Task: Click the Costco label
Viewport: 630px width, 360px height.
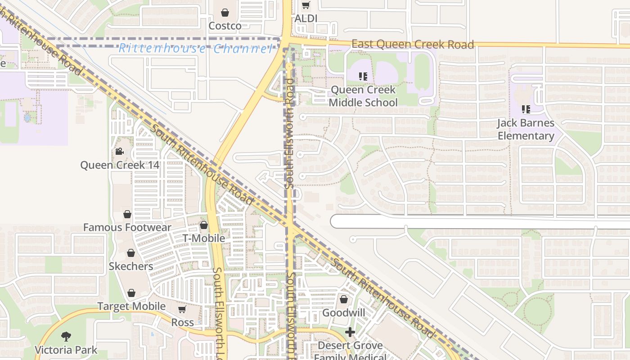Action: point(225,26)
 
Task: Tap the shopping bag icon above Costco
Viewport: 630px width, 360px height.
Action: point(225,12)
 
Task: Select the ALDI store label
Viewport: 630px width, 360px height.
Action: point(306,18)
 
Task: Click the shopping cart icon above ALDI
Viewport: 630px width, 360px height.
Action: point(306,5)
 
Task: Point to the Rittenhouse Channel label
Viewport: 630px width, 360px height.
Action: point(195,49)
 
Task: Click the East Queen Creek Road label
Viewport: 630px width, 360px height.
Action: point(413,44)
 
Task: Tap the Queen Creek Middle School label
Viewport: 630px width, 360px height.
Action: point(363,96)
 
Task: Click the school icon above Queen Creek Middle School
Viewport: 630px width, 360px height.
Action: point(363,76)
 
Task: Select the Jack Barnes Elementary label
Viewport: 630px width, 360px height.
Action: point(526,129)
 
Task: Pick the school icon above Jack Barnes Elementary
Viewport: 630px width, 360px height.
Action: point(526,109)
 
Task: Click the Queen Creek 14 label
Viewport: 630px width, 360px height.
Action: point(120,165)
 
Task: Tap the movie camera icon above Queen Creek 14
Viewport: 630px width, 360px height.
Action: point(120,152)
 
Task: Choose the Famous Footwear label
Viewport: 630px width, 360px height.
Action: point(127,227)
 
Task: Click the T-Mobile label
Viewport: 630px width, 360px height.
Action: point(204,238)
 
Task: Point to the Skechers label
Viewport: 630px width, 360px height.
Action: point(131,266)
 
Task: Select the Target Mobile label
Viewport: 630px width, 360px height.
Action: point(131,306)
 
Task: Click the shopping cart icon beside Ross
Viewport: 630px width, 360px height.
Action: point(182,310)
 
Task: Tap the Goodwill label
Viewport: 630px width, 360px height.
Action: point(344,313)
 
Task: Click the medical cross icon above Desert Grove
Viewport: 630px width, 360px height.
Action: point(350,332)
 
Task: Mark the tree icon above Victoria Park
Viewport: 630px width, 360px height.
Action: point(66,336)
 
